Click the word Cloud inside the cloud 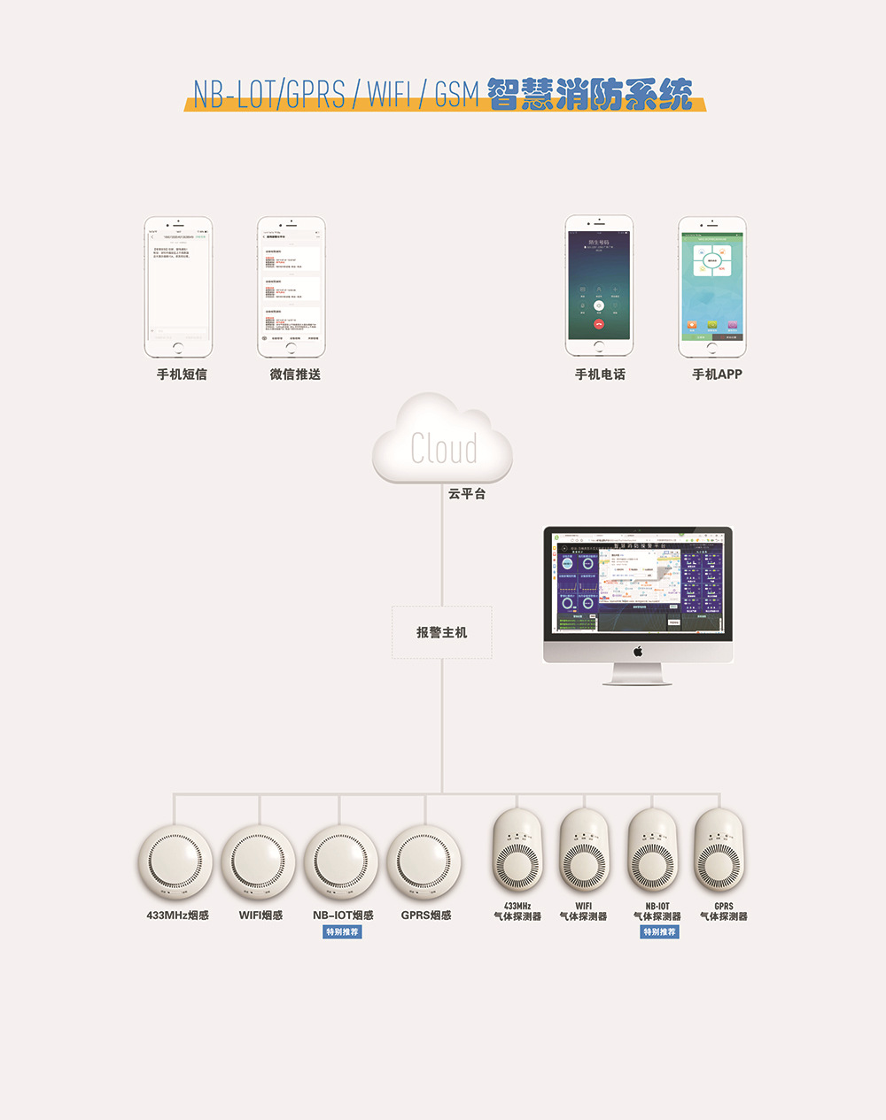[444, 449]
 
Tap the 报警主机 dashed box [442, 632]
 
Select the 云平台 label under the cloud [467, 494]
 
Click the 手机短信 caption [182, 375]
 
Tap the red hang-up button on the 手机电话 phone [599, 323]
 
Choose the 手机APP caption [717, 375]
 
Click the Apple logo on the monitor [638, 652]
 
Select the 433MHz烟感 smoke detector [175, 862]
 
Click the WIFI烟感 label [260, 915]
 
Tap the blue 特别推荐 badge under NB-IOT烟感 [342, 932]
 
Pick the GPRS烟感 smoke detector [425, 862]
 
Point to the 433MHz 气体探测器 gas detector [517, 852]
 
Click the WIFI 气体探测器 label [583, 912]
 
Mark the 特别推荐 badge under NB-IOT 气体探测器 [659, 932]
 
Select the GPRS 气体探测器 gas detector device [719, 852]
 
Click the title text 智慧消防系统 [589, 95]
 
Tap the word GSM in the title [456, 95]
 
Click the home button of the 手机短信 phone [179, 348]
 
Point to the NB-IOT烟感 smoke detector [341, 862]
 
